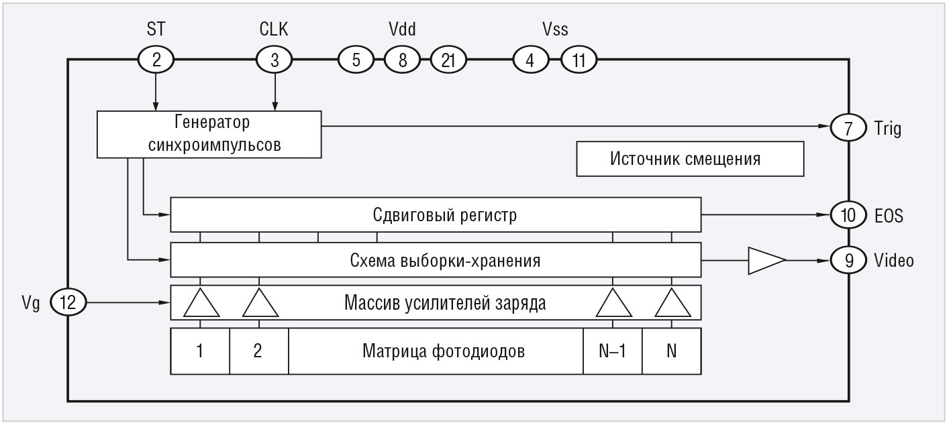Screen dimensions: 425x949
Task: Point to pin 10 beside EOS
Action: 849,215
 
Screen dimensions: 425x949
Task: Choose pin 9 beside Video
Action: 849,260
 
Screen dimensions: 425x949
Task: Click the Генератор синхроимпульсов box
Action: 209,135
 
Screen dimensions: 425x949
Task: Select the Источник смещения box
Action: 690,159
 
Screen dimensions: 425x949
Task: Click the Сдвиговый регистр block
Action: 436,216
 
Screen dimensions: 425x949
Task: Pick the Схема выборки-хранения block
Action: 436,260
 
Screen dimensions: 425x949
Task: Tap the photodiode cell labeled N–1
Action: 612,351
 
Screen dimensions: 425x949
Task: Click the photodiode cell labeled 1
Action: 200,351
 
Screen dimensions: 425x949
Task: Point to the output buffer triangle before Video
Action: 765,260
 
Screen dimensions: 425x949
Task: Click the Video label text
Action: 893,260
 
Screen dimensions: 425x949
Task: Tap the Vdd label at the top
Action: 403,30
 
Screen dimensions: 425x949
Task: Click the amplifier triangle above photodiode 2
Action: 260,304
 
